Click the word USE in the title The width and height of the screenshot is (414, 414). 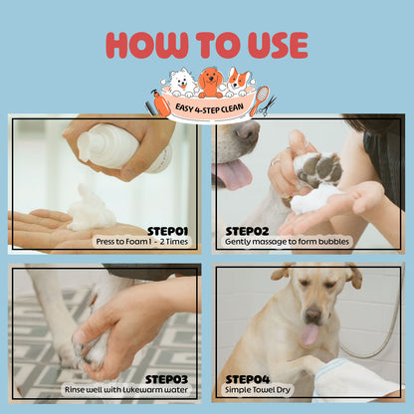coord(271,45)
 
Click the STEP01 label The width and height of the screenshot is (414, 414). coord(167,230)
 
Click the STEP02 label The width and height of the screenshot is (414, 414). coord(246,230)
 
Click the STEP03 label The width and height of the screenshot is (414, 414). coord(166,378)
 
